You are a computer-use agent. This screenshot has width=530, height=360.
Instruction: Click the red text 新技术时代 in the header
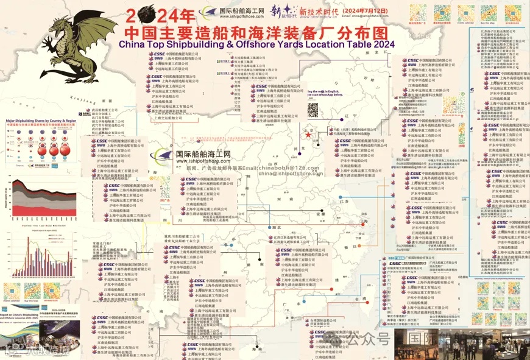click(x=320, y=11)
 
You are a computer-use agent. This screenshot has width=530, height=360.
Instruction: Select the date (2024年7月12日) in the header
click(x=369, y=10)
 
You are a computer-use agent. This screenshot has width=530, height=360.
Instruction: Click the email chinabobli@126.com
click(x=293, y=168)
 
